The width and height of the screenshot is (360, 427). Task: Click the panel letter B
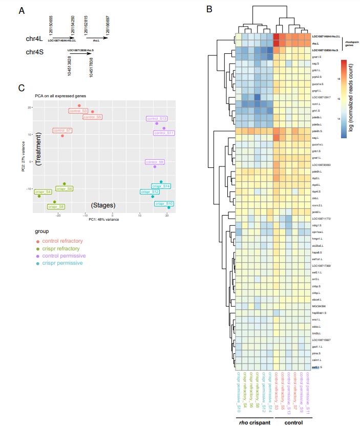(209, 9)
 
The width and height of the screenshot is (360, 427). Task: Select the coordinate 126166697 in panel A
(108, 24)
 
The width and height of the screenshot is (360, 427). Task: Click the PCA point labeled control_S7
(62, 136)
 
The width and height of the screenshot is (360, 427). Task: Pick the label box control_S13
(157, 118)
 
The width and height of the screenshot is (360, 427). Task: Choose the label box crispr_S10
(164, 203)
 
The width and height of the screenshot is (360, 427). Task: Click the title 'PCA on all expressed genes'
(56, 96)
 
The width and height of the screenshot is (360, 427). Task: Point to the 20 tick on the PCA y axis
(30, 107)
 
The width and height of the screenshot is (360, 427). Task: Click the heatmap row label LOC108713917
(322, 97)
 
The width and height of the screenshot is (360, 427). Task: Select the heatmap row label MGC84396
(320, 306)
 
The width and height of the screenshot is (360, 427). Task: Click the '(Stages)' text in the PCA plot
(102, 205)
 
